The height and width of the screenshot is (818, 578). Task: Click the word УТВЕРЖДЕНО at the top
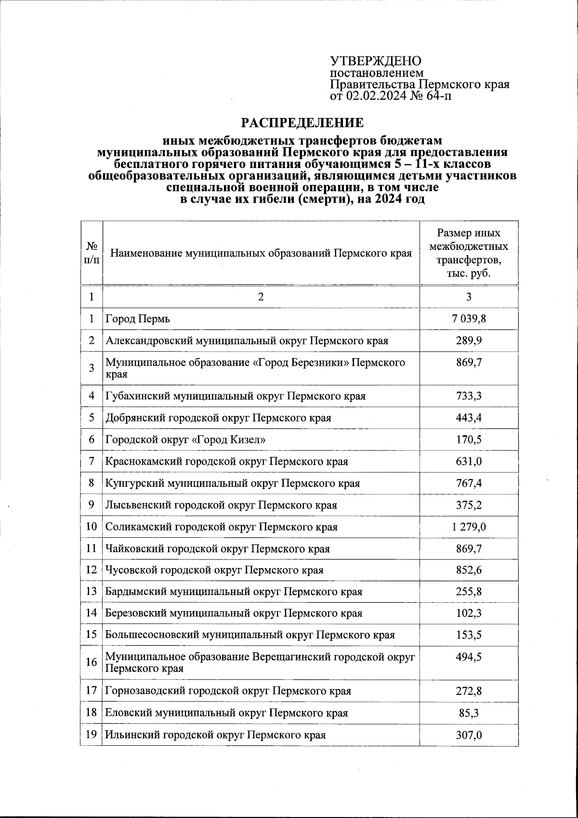pos(375,61)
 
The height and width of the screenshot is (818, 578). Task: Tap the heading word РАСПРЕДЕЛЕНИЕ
pos(302,123)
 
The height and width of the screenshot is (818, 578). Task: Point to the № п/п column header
pos(92,253)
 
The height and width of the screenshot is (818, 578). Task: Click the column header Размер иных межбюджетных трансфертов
pos(468,253)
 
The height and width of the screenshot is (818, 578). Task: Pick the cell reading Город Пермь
pos(138,319)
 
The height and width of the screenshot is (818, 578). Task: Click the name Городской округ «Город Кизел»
pos(185,440)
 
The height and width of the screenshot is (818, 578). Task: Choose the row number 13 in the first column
pos(92,592)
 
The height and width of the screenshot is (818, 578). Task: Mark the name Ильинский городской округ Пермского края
pos(215,735)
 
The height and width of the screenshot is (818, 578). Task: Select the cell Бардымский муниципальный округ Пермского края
pos(234,592)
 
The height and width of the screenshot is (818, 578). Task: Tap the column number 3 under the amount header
pos(469,297)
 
